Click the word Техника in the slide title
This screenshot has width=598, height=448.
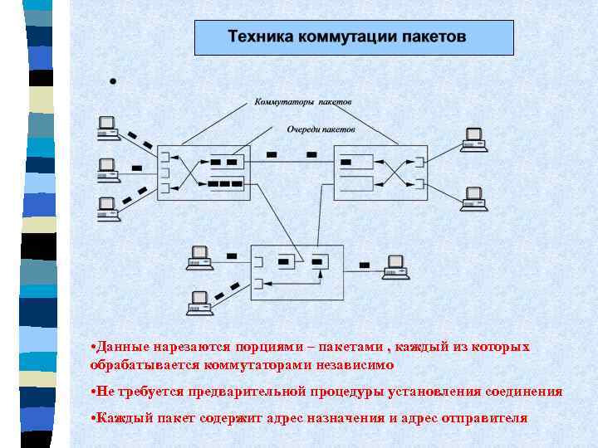pos(255,37)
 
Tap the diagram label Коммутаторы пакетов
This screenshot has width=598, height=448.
pos(302,102)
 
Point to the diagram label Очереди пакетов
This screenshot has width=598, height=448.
pos(321,129)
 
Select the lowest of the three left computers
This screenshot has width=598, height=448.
pos(106,207)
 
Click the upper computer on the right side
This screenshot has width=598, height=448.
pos(473,139)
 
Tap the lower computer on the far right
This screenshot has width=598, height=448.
pos(473,199)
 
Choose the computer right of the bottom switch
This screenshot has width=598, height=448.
pos(396,265)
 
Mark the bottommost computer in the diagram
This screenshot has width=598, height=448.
pos(199,303)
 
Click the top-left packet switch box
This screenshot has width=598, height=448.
pos(203,171)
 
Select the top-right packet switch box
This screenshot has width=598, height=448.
pos(381,171)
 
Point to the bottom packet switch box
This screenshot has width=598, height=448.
pos(297,272)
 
